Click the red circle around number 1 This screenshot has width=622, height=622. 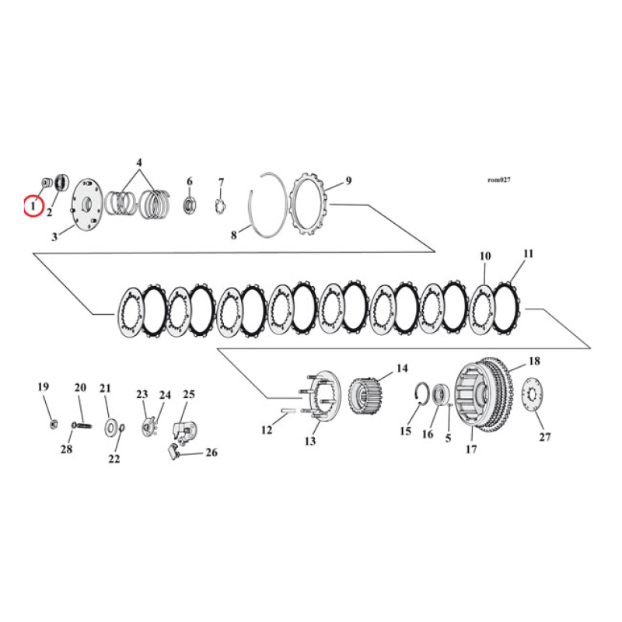[x=33, y=207]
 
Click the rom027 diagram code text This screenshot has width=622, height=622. [x=498, y=180]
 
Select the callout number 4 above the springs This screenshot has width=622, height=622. [x=139, y=162]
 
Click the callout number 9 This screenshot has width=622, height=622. [x=348, y=180]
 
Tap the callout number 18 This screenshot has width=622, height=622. [x=534, y=361]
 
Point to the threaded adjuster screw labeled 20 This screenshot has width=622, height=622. [x=82, y=425]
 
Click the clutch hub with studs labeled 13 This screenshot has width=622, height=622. [x=316, y=400]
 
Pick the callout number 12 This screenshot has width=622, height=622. [x=267, y=430]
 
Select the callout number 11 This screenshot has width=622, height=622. [x=529, y=253]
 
